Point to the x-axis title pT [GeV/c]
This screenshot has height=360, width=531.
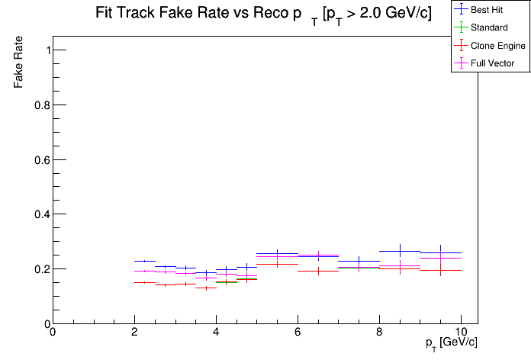point(452,342)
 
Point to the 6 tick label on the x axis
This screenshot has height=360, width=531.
point(298,332)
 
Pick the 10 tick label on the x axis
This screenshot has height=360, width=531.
point(461,332)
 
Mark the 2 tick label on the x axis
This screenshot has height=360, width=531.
point(134,332)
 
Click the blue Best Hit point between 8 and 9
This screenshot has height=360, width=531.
point(400,251)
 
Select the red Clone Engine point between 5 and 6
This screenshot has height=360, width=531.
point(277,264)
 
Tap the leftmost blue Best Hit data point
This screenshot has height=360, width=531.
point(144,261)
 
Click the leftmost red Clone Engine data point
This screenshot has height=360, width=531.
point(144,282)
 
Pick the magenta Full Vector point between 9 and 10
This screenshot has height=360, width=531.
point(440,258)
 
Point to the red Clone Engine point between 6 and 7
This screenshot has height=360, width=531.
point(318,271)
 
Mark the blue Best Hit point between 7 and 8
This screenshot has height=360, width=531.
point(359,261)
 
